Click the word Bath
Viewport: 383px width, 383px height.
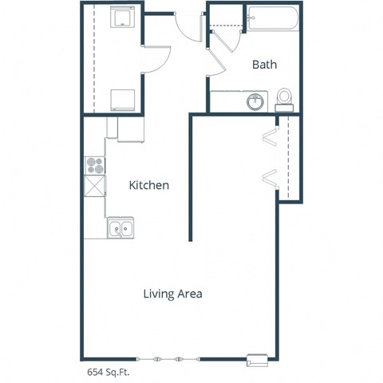[265, 65]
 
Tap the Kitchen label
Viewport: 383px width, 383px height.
[149, 185]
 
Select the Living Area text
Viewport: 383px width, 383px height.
[172, 294]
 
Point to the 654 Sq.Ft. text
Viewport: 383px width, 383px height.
[109, 372]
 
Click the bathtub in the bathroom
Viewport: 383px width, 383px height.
[274, 19]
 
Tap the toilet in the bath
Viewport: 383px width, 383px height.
[285, 98]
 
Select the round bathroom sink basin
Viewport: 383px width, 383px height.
[256, 102]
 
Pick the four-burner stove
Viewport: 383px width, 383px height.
[95, 166]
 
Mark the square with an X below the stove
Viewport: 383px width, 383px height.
[95, 187]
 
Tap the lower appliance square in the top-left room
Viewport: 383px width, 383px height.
[123, 101]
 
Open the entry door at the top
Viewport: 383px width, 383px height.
[187, 27]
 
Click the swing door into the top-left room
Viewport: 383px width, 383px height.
[156, 60]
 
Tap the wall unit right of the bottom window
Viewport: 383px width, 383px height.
[257, 359]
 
